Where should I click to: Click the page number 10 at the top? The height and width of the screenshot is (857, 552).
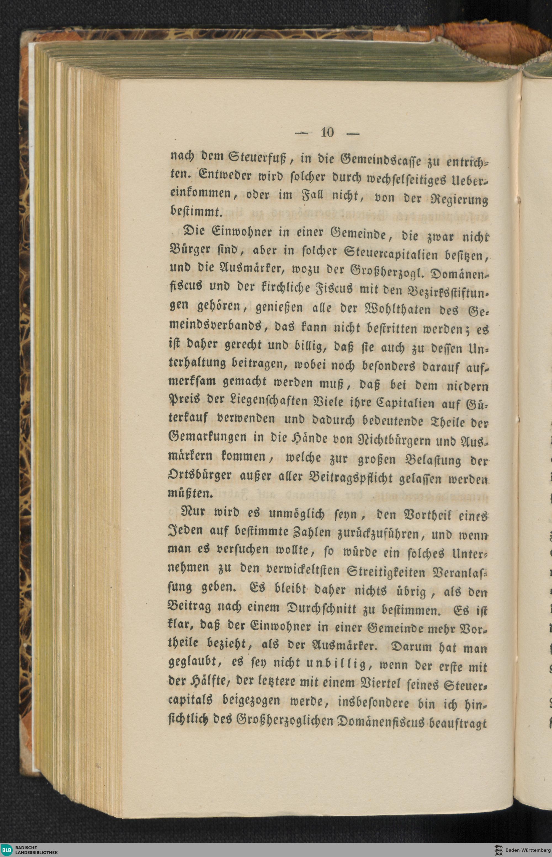click(x=327, y=133)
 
